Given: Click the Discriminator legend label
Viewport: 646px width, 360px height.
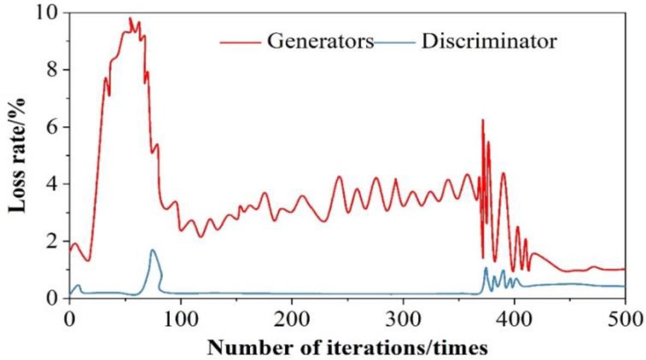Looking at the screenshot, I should point(489,42).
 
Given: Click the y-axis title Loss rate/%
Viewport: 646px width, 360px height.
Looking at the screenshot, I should point(16,155).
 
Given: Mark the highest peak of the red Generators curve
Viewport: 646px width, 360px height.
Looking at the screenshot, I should point(130,18).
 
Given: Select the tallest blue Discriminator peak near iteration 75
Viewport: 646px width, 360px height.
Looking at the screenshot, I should point(152,250).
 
